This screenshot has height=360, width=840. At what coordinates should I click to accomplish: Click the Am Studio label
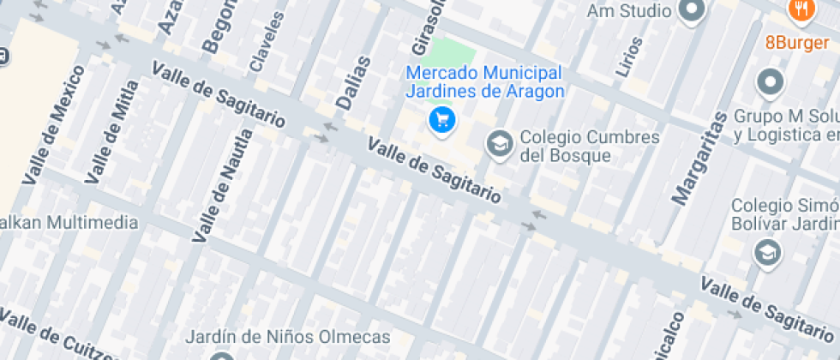(629, 11)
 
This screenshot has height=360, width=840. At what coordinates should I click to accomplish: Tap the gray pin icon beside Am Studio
(691, 10)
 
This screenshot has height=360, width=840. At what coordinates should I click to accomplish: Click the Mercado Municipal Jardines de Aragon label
(484, 82)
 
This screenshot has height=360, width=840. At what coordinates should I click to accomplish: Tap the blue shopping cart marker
(441, 120)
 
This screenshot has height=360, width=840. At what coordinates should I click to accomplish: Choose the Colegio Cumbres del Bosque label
(591, 147)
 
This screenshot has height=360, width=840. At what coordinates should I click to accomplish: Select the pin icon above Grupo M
(770, 83)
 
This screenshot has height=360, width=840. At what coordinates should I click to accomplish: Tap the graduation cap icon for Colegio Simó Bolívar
(767, 252)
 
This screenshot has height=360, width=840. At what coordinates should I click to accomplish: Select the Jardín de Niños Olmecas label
(287, 337)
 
